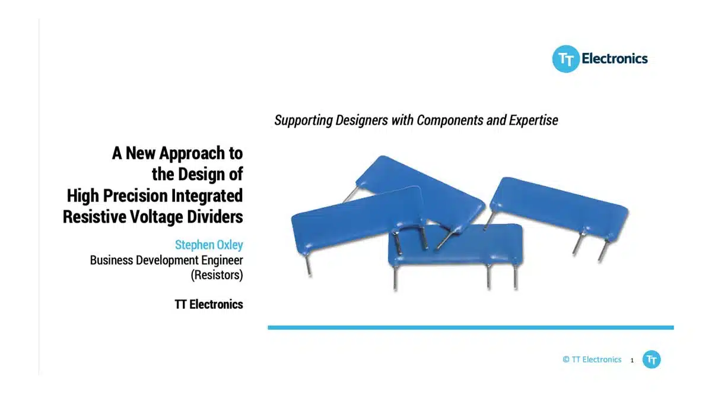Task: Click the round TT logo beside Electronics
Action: click(566, 59)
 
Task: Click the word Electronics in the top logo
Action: click(615, 59)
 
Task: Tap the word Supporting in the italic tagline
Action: click(303, 121)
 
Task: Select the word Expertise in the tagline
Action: click(533, 121)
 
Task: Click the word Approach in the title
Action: click(192, 154)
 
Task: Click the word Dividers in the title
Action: click(215, 217)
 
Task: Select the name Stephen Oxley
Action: click(209, 245)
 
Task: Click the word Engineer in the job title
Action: click(222, 260)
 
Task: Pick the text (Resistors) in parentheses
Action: click(217, 275)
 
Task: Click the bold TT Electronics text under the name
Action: click(209, 305)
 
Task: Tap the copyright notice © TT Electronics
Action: click(592, 359)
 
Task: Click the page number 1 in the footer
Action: click(632, 360)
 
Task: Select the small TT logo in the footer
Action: click(651, 359)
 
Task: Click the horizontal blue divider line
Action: click(471, 327)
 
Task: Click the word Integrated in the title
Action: click(207, 196)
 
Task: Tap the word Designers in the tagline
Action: click(362, 121)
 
